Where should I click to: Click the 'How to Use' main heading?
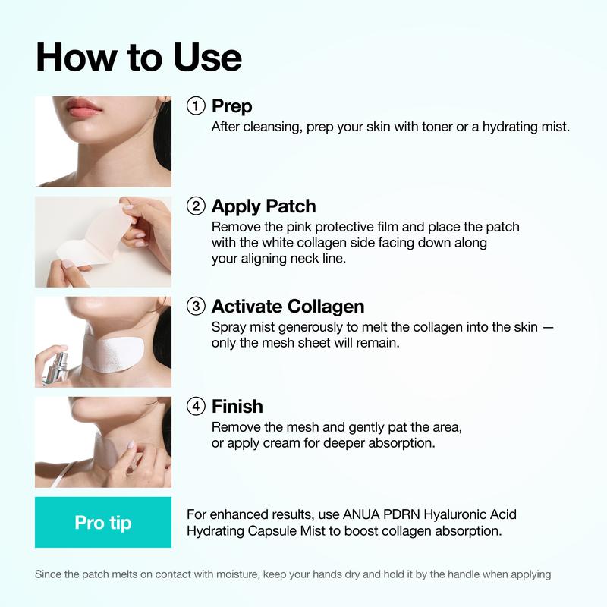tap(138, 57)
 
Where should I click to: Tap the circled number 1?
tap(196, 106)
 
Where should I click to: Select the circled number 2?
tap(196, 206)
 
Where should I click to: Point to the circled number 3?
tap(196, 307)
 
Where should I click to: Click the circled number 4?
tap(196, 407)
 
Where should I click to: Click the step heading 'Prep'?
tap(232, 106)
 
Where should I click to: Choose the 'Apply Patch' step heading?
tap(264, 206)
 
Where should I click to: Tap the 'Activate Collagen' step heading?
tap(288, 307)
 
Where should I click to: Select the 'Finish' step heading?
tap(237, 407)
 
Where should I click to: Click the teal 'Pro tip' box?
tap(103, 523)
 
